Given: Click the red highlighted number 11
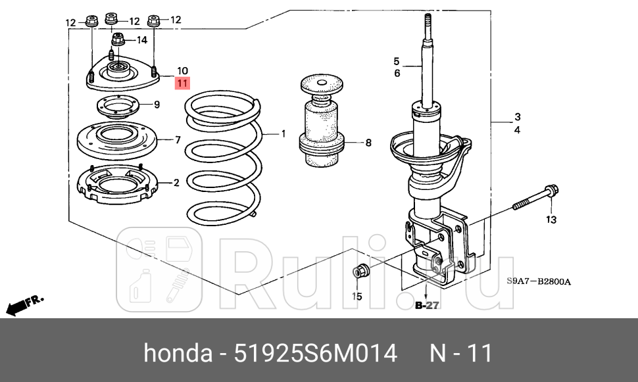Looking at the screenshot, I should [x=182, y=83].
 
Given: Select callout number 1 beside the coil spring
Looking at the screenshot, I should [x=283, y=134].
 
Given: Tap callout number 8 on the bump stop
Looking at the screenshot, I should [x=368, y=142].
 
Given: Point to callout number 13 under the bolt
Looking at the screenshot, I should [x=551, y=218].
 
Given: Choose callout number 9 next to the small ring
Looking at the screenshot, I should [x=157, y=105].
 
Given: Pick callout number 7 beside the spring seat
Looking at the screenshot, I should [x=177, y=139].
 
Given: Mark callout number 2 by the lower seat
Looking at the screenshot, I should [x=176, y=183].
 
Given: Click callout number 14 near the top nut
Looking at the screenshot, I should [x=141, y=40].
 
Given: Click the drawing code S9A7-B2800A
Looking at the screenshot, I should [x=538, y=282].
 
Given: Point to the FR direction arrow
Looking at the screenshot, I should [x=24, y=304].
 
